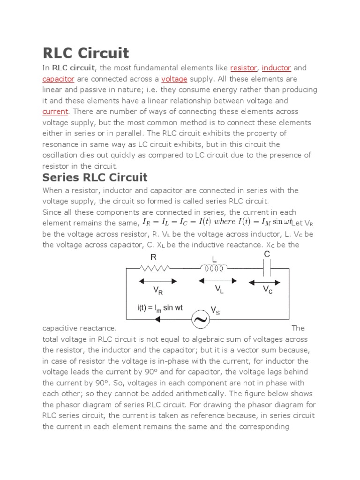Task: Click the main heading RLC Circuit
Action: pyautogui.click(x=85, y=52)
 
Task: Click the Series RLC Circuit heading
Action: pyautogui.click(x=95, y=177)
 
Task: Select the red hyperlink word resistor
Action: pyautogui.click(x=243, y=68)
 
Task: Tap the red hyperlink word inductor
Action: pyautogui.click(x=277, y=68)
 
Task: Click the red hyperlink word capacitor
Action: pyautogui.click(x=58, y=79)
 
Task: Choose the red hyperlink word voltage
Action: pyautogui.click(x=174, y=79)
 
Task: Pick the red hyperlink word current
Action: pyautogui.click(x=55, y=112)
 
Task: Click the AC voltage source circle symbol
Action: pyautogui.click(x=201, y=320)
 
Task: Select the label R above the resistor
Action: pyautogui.click(x=153, y=257)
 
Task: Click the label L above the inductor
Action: pyautogui.click(x=214, y=259)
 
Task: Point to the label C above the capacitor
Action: pyautogui.click(x=267, y=254)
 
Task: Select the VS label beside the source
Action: pyautogui.click(x=216, y=310)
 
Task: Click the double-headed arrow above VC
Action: pyautogui.click(x=265, y=282)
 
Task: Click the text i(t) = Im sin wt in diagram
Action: pyautogui.click(x=160, y=308)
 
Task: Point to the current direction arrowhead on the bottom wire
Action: pyautogui.click(x=158, y=320)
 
